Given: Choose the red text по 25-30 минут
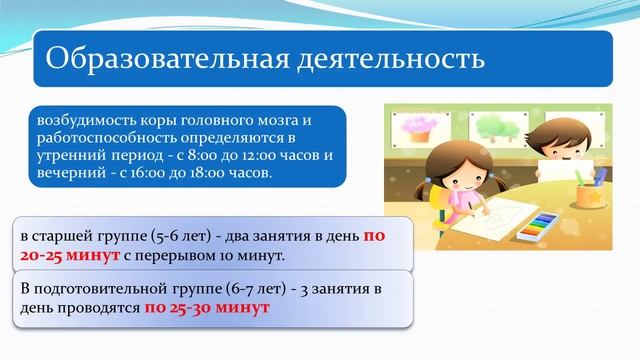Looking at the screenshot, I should coord(207,308).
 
